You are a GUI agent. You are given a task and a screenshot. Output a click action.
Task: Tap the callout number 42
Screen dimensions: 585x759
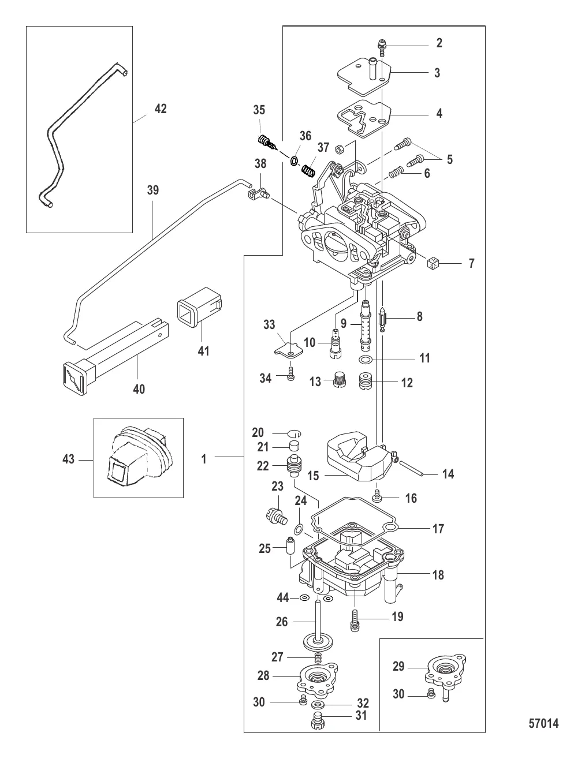click(161, 109)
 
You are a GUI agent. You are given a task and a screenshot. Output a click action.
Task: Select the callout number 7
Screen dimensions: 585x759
click(471, 263)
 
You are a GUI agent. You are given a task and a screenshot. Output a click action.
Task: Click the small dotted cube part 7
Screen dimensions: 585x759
click(433, 263)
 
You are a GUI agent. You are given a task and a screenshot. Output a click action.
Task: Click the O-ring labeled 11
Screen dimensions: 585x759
click(366, 359)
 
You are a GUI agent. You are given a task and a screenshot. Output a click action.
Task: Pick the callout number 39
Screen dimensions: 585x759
click(152, 190)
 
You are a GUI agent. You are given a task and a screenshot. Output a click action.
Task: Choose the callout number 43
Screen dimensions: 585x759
click(69, 459)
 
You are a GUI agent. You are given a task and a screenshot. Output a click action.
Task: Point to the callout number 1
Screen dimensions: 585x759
click(204, 459)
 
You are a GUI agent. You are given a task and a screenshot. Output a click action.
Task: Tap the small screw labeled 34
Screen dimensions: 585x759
click(290, 375)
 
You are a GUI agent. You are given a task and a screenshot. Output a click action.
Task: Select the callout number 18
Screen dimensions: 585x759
click(438, 574)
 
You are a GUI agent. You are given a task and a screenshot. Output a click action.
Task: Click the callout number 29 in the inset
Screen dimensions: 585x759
click(398, 666)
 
